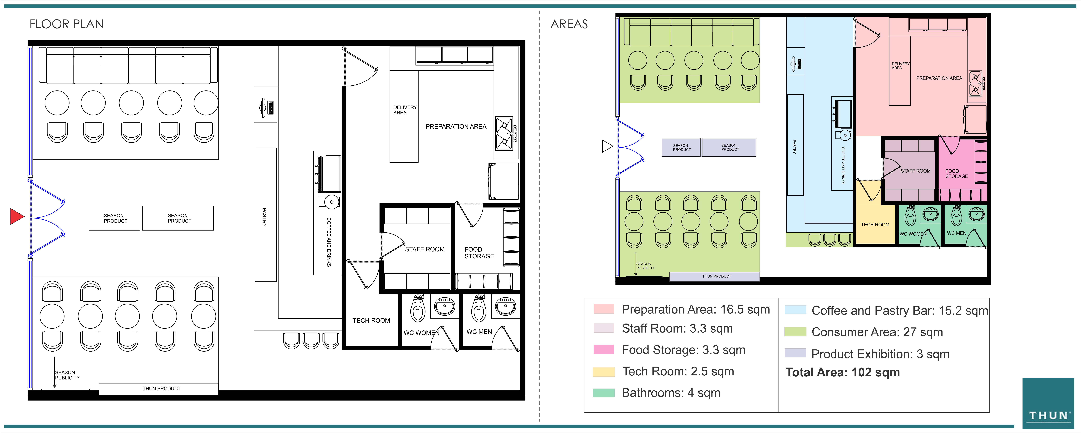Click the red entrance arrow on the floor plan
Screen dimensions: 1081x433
[17, 217]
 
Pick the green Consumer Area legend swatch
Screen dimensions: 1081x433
[795, 331]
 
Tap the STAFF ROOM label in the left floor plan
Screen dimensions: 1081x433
[425, 249]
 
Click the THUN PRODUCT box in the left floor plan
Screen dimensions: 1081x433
[159, 389]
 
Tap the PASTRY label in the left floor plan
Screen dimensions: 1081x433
[264, 217]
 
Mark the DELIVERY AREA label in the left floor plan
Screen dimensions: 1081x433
[405, 110]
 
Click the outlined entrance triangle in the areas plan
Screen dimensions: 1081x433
[607, 146]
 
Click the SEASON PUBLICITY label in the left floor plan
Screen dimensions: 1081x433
[67, 375]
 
